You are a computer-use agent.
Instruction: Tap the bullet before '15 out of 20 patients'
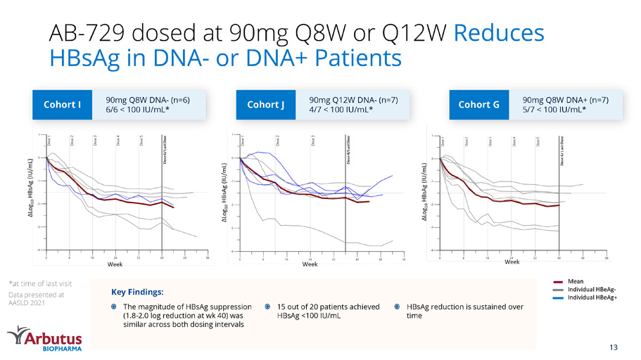tap(269, 307)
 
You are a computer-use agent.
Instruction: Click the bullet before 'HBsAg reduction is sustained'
tap(398, 307)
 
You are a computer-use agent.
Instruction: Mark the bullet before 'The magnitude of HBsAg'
tap(115, 307)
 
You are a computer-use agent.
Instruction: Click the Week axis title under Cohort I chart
tap(115, 264)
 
